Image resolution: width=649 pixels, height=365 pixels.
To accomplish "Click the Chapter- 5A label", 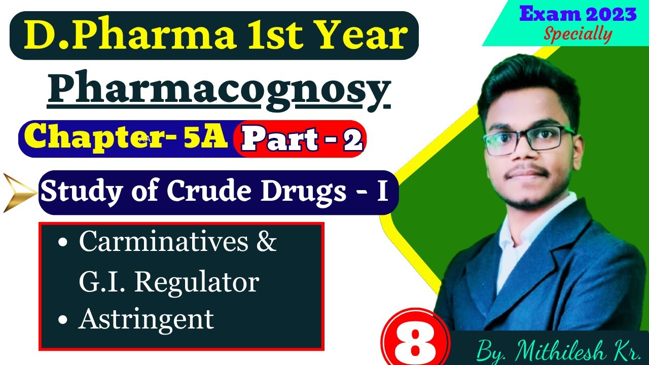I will pos(125,138).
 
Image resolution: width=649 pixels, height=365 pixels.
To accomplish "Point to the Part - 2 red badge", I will pos(302,139).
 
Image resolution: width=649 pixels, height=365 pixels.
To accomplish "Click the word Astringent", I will pos(146,319).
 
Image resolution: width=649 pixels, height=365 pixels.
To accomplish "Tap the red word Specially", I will pos(578,34).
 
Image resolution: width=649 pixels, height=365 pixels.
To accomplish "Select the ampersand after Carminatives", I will pos(267,242).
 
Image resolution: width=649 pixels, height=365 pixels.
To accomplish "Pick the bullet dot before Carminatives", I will pos(63,243).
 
